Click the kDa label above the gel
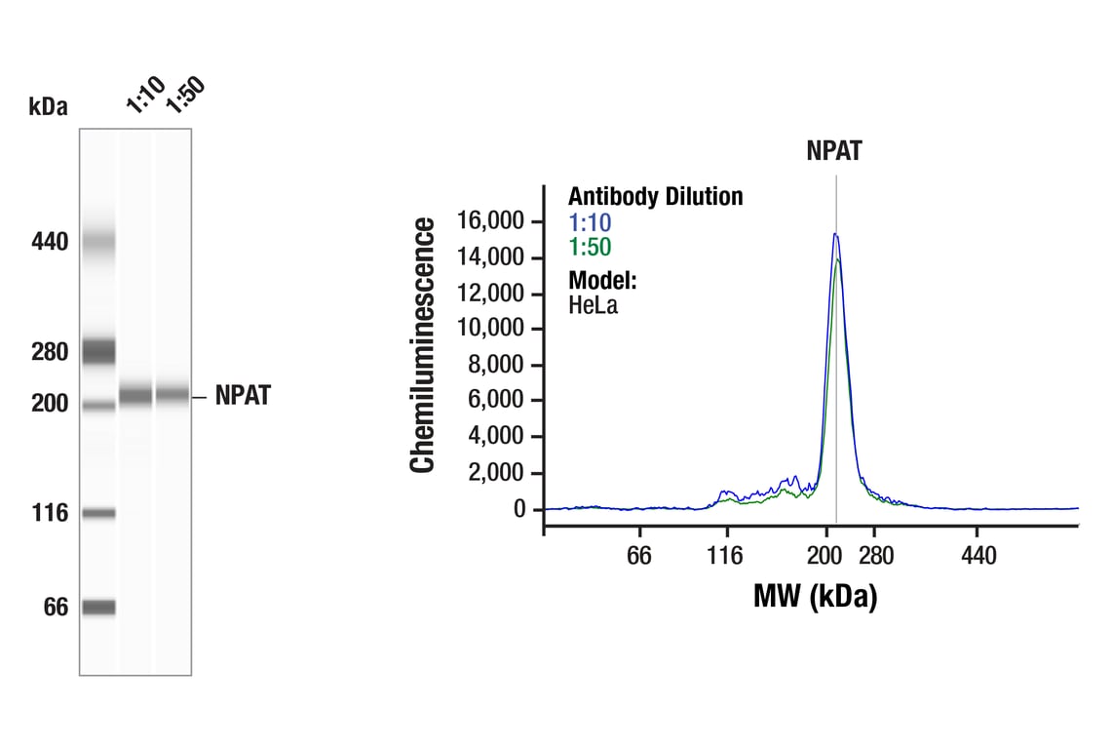coord(49,106)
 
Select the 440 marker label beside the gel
coord(49,241)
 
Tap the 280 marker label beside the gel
coord(49,351)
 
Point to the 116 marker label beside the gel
coord(49,513)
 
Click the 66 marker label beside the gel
coord(55,608)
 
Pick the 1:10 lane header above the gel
coord(138,100)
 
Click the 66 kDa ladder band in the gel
coord(97,608)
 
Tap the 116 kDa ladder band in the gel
coord(97,513)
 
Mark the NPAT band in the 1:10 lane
coord(135,396)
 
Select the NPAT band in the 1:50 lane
coord(172,396)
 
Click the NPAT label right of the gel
coord(243,396)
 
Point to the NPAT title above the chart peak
coord(834,150)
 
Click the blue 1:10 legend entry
coord(590,222)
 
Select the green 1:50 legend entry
coord(590,248)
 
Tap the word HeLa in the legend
coord(594,304)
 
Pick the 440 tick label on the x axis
coord(978,556)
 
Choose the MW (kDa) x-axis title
coord(815,595)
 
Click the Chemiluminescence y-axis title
coord(422,346)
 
